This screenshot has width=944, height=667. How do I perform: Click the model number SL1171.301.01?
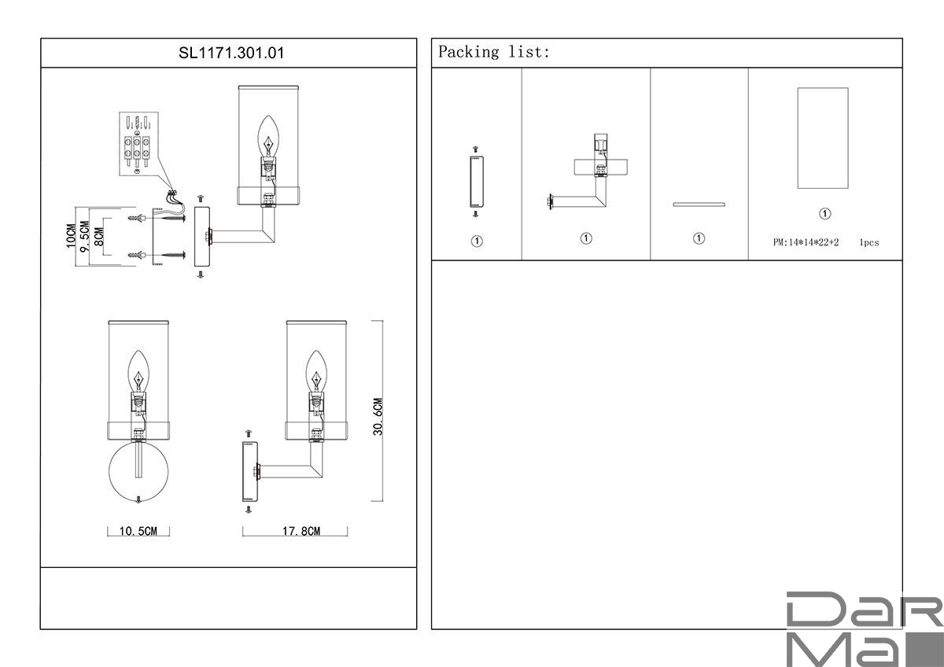tap(231, 53)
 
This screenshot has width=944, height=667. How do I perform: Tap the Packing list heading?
tap(494, 52)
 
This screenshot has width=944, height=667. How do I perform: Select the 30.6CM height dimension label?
tap(378, 416)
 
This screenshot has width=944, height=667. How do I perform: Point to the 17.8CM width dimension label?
tap(301, 531)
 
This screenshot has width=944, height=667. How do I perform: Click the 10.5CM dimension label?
tap(138, 531)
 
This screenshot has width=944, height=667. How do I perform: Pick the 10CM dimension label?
tap(72, 236)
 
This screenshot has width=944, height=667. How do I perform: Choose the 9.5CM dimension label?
tap(85, 237)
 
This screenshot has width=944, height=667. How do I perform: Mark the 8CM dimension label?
tap(98, 237)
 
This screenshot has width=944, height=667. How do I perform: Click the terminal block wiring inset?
tap(138, 144)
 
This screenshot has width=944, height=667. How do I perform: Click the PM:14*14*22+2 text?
tap(806, 242)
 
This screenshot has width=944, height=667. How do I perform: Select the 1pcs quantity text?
tap(869, 243)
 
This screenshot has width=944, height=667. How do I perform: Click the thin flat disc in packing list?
tap(699, 205)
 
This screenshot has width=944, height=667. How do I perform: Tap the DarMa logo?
tap(865, 628)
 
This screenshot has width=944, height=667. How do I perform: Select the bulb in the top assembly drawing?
tap(268, 137)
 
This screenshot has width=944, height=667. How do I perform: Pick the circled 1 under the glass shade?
tap(824, 214)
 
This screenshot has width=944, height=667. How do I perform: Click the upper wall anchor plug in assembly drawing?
tap(137, 218)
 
